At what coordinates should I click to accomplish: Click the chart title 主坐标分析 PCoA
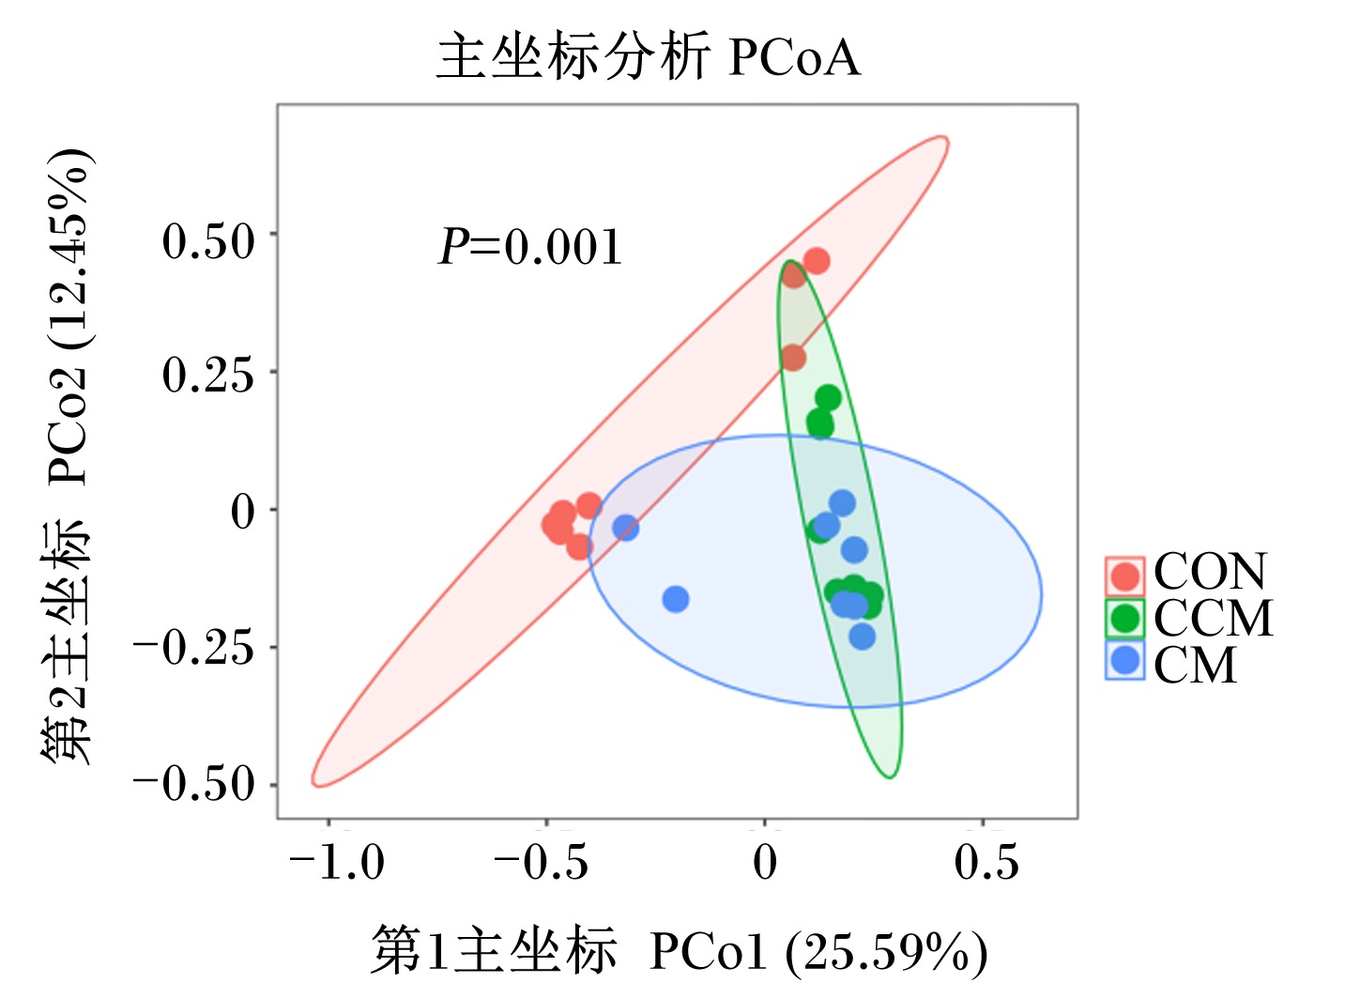(x=649, y=57)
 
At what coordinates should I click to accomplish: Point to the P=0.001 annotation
(x=530, y=247)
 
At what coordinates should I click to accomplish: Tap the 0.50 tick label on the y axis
(x=207, y=241)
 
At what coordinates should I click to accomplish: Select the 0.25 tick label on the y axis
(x=207, y=375)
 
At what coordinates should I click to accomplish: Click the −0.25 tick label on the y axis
(x=193, y=648)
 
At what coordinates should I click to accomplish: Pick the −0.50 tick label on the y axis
(x=193, y=784)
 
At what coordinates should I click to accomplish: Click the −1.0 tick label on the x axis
(x=336, y=862)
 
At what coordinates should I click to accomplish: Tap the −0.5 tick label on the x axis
(x=541, y=862)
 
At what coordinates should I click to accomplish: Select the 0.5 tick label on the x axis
(x=986, y=862)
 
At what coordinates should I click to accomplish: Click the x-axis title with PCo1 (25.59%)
(x=680, y=951)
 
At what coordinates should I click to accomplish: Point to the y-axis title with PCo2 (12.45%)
(x=66, y=455)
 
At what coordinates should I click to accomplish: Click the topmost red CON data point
(x=817, y=261)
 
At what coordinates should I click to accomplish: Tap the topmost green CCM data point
(x=828, y=398)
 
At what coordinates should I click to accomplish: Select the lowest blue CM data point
(x=862, y=637)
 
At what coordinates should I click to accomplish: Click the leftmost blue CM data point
(x=625, y=528)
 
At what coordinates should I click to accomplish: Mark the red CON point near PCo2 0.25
(x=793, y=357)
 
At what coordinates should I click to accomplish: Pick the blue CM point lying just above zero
(x=842, y=502)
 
